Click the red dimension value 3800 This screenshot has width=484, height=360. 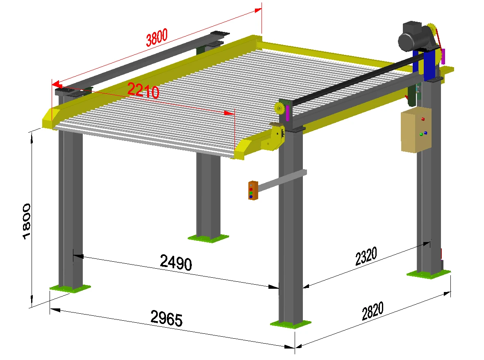pyautogui.click(x=157, y=38)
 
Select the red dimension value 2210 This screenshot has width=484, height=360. pyautogui.click(x=143, y=91)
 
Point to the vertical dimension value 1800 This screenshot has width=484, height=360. pyautogui.click(x=27, y=221)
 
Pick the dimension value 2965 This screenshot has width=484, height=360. pyautogui.click(x=166, y=319)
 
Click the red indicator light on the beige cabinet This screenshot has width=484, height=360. pyautogui.click(x=423, y=119)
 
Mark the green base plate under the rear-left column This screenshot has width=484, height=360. pyautogui.click(x=208, y=238)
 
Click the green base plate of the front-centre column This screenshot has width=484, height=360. pyautogui.click(x=291, y=324)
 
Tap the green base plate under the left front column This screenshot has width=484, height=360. pyautogui.click(x=70, y=288)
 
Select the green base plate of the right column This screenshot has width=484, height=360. pyautogui.click(x=428, y=274)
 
